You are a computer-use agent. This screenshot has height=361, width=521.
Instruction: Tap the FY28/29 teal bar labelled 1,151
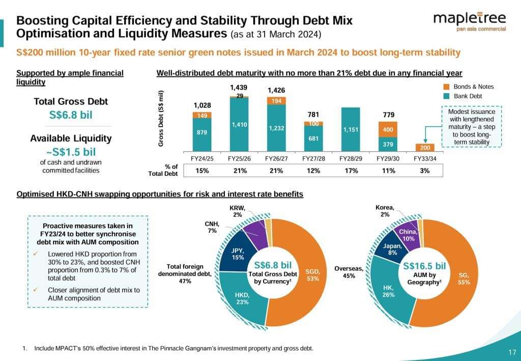[351, 129]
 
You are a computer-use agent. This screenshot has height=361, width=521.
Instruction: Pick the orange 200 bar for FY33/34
[425, 147]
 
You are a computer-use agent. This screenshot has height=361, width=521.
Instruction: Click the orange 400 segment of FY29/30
[388, 130]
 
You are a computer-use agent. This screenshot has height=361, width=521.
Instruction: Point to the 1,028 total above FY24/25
[202, 105]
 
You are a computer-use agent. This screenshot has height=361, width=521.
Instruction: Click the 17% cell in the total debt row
[351, 171]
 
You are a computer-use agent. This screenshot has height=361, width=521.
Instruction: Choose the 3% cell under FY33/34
[425, 171]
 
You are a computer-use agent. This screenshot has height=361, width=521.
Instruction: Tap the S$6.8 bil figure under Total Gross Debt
[71, 115]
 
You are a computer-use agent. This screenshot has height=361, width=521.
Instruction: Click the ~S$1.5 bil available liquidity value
[71, 152]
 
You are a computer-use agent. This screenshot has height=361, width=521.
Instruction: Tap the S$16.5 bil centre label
[424, 266]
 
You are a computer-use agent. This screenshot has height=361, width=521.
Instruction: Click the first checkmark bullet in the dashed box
[36, 254]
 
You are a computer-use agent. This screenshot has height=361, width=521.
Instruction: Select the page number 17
[512, 351]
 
